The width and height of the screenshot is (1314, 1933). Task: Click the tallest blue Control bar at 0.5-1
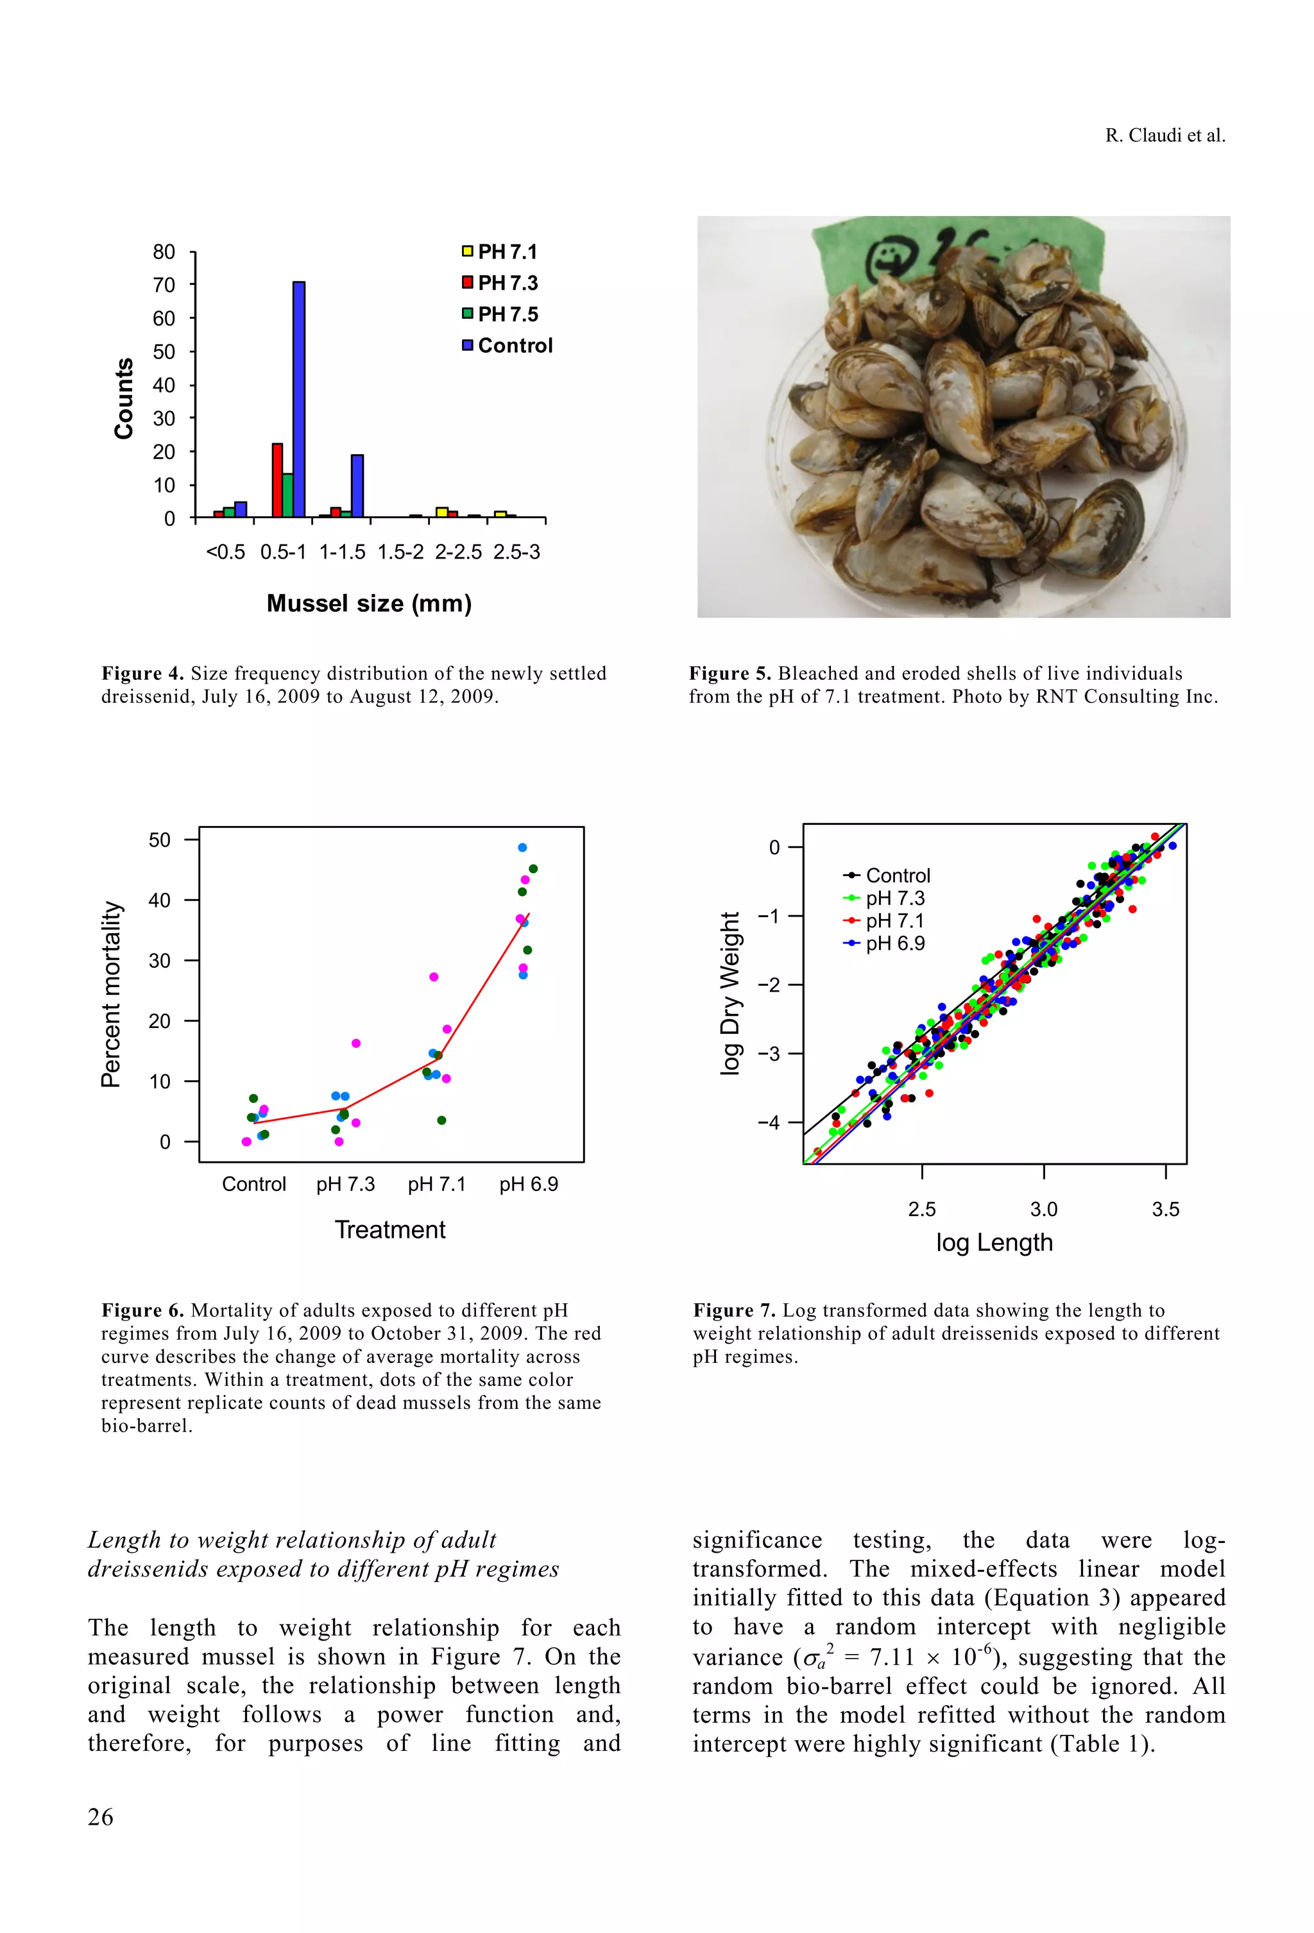coord(299,400)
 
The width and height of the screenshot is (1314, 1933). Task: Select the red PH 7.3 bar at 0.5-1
coord(277,480)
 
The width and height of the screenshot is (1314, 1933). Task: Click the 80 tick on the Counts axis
coord(164,252)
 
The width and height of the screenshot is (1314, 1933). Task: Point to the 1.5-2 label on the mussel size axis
coord(400,552)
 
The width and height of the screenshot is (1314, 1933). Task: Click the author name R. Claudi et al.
coord(1165,135)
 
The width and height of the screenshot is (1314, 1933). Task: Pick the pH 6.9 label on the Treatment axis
coord(529,1183)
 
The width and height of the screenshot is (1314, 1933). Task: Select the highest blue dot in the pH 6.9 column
coord(523,848)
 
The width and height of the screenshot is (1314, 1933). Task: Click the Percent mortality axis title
coord(111,994)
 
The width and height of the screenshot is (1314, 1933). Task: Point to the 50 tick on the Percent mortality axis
coord(160,840)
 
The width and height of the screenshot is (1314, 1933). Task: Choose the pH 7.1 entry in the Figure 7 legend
coord(894,921)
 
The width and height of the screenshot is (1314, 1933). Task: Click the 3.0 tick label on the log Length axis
coord(1043,1210)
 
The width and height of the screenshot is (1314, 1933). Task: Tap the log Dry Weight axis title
coord(730,993)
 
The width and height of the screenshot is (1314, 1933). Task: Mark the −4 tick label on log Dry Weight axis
coord(768,1123)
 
